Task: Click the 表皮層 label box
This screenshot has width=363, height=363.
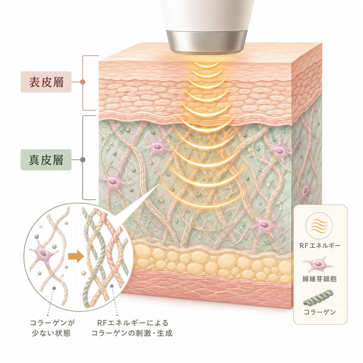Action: click(46, 82)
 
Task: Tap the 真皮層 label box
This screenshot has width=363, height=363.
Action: click(46, 160)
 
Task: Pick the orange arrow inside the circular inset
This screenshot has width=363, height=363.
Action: click(76, 256)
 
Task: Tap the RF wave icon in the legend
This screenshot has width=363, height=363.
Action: click(319, 226)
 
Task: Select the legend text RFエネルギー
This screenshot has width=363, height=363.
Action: click(320, 245)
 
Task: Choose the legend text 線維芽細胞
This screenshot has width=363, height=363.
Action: click(320, 279)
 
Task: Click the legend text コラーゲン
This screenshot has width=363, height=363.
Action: click(320, 312)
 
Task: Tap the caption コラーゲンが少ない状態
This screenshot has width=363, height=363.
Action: click(53, 328)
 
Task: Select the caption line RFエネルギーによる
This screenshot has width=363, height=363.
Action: click(132, 323)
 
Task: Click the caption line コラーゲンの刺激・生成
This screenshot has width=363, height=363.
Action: click(132, 333)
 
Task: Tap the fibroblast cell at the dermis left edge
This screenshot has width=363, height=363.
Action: click(113, 182)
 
